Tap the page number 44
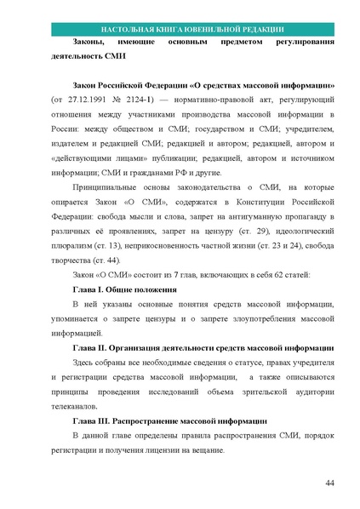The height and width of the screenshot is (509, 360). coord(329,483)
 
